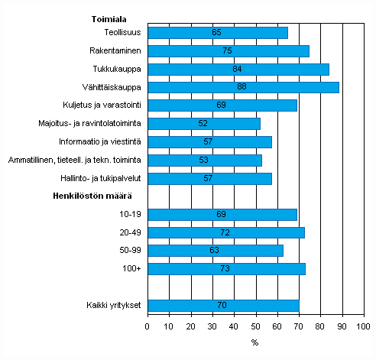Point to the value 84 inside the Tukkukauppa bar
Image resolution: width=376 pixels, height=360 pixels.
coord(238,69)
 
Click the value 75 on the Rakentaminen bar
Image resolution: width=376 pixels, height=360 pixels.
coord(228,51)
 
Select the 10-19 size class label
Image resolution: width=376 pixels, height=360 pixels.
coord(130,215)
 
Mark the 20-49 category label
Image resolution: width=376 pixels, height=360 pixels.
coord(130,232)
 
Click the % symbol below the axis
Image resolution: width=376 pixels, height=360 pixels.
coord(254,342)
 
